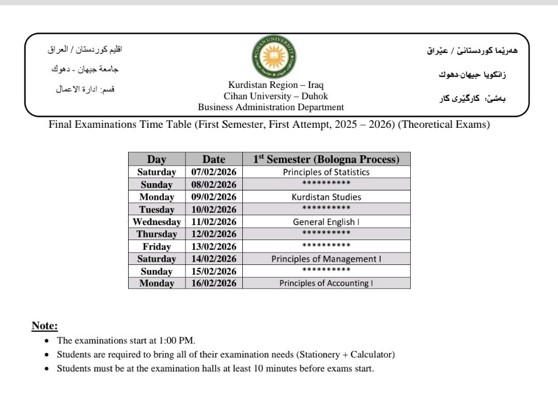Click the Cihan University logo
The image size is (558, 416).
point(274,57)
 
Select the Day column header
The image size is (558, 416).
point(157,159)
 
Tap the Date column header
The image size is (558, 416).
point(213,159)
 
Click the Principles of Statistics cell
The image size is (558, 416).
point(326,172)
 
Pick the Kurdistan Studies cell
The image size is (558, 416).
point(326,197)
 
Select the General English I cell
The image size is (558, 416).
point(326,222)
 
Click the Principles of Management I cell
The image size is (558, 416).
point(326,259)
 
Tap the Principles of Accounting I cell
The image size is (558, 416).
point(326,283)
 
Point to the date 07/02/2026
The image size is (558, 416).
point(213,172)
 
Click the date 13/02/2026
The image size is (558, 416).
point(213,246)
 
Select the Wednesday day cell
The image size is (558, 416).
point(157,222)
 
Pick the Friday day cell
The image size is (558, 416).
point(157,246)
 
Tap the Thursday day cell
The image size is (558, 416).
point(157,234)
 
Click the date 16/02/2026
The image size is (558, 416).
point(213,283)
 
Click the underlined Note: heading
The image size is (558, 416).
point(44,326)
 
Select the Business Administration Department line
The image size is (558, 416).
point(271,107)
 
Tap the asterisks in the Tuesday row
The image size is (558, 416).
point(326,209)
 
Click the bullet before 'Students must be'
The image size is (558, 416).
point(47,369)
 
